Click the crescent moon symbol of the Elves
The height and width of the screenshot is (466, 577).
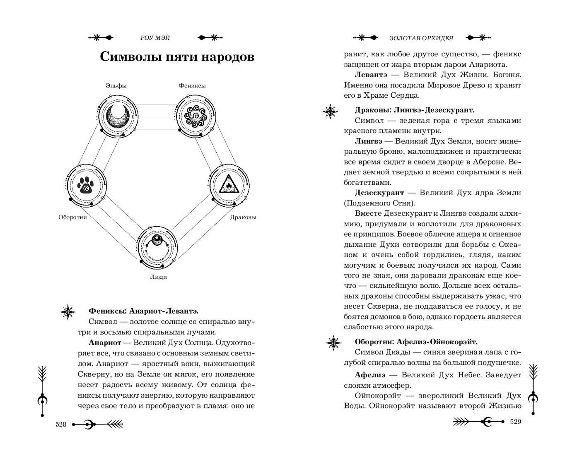tap(116, 115)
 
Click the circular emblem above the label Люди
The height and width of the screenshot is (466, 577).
tap(157, 248)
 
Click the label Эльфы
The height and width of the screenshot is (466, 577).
tap(116, 86)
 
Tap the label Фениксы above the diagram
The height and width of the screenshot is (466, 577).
tap(192, 86)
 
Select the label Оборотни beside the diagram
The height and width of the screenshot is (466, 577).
tap(73, 217)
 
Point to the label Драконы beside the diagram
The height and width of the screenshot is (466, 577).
tap(243, 217)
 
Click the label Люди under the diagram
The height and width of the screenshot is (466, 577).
tap(158, 277)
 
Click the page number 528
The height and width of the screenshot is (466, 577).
tap(61, 424)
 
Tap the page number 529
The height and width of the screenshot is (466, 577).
tap(515, 422)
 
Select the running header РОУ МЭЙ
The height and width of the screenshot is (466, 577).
tap(155, 38)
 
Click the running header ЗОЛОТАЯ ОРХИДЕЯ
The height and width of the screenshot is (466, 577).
tap(421, 38)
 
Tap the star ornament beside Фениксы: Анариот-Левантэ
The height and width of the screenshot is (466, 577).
tap(68, 311)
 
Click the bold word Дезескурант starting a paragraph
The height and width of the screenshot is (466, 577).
tap(379, 193)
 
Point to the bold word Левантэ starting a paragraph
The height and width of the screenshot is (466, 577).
tap(371, 75)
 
